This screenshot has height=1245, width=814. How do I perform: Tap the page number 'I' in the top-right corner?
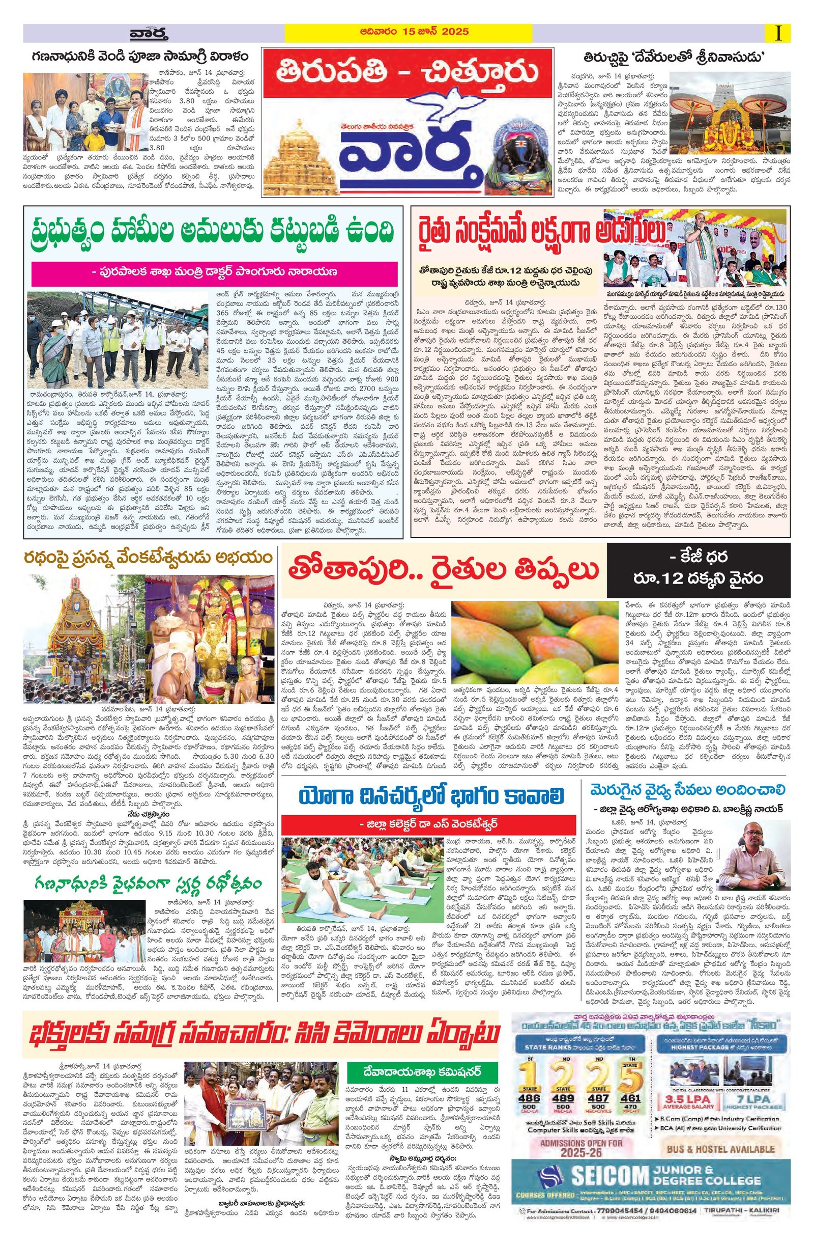[x=779, y=34]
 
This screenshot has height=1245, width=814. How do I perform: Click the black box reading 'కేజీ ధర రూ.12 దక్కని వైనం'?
[x=697, y=570]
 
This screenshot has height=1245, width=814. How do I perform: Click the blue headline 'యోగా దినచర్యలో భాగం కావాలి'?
[x=431, y=797]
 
